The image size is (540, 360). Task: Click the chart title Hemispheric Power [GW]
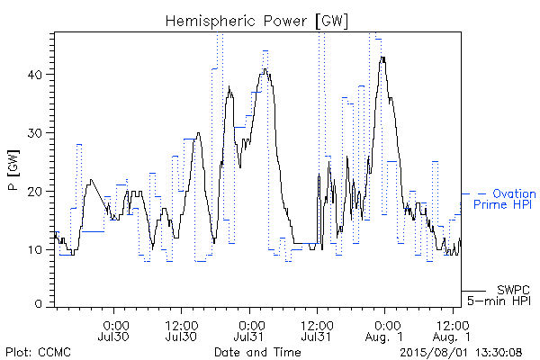click(256, 22)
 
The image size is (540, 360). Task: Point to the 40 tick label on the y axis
click(34, 75)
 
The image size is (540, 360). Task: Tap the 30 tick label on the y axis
click(34, 133)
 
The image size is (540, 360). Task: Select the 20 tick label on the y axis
click(34, 192)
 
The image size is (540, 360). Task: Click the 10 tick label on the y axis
click(34, 250)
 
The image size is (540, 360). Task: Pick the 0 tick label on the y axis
click(38, 304)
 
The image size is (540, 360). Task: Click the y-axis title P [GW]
click(13, 170)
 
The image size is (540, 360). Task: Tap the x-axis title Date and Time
click(257, 352)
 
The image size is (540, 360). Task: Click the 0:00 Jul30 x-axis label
click(114, 331)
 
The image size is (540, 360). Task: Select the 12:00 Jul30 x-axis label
click(182, 331)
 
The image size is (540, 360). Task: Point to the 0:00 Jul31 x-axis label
click(249, 331)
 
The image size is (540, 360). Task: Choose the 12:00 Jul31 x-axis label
click(317, 331)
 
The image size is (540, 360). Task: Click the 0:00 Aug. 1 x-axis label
click(384, 331)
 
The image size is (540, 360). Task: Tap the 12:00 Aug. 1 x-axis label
click(452, 331)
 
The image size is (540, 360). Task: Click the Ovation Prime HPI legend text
click(505, 199)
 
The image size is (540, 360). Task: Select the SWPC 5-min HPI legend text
click(499, 295)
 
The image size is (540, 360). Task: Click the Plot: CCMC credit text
click(38, 353)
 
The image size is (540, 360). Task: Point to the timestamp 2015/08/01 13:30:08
click(461, 353)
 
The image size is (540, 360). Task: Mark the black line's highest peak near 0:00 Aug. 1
click(382, 57)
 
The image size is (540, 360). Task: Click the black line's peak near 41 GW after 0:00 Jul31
click(265, 69)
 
